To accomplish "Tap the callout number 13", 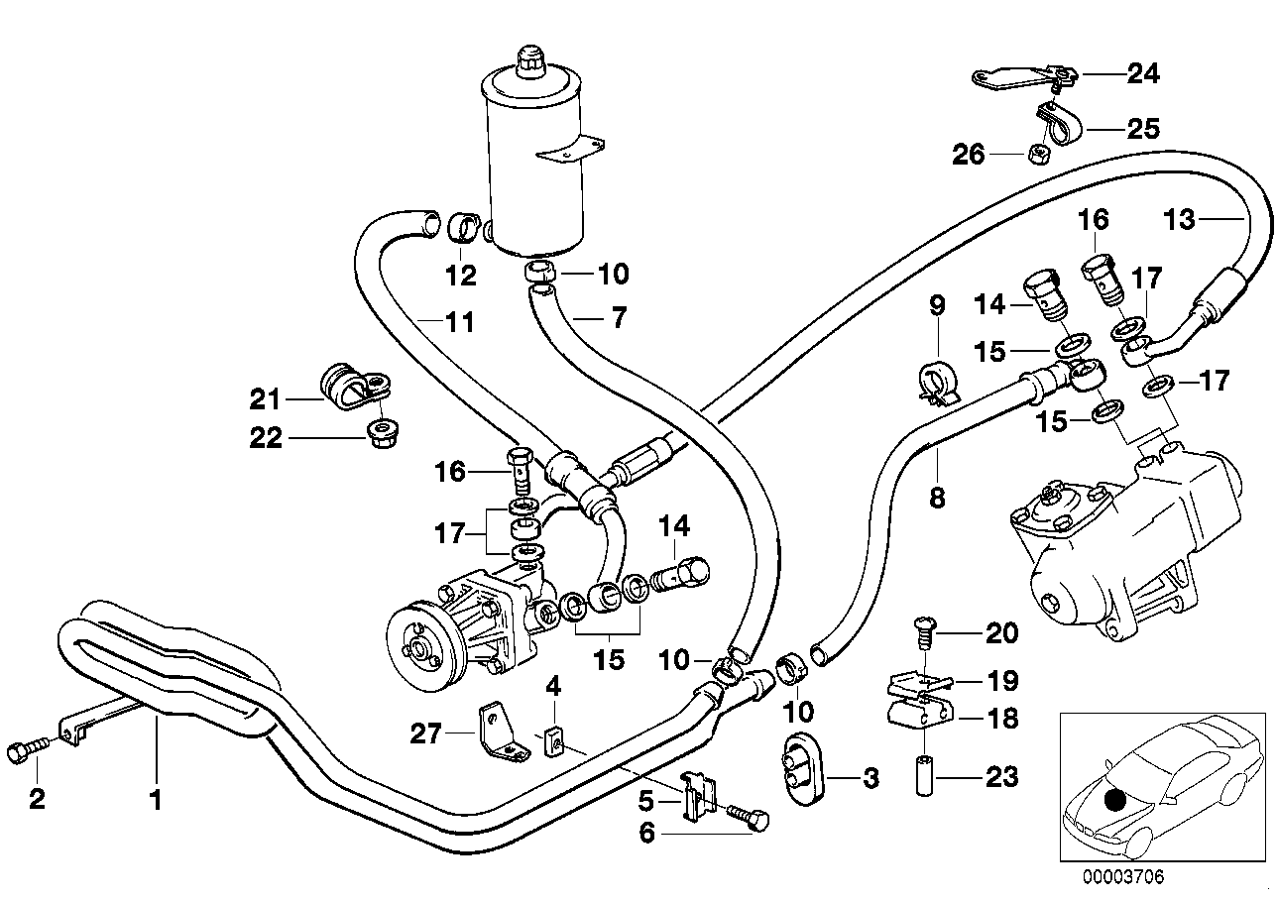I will pos(1180,218).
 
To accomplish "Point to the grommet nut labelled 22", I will pos(378,434).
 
